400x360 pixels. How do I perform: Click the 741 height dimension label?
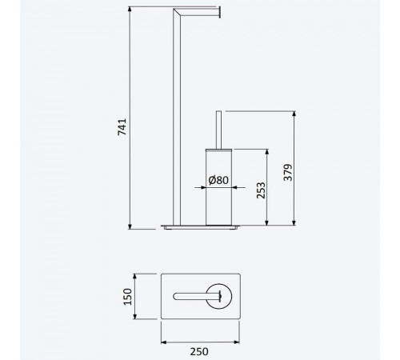pos(122,127)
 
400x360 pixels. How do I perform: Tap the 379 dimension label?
pos(288,173)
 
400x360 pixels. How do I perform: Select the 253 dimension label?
pos(261,190)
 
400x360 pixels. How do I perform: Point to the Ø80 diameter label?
pos(218,180)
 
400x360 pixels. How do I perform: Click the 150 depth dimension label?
pos(127,297)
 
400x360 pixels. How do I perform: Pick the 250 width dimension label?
pos(199,351)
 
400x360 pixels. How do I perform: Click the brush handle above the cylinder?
pos(218,130)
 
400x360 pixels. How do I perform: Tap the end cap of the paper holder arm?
pos(219,13)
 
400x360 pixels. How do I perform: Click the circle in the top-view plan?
pos(219,296)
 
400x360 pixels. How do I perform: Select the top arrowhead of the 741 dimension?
pos(130,9)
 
